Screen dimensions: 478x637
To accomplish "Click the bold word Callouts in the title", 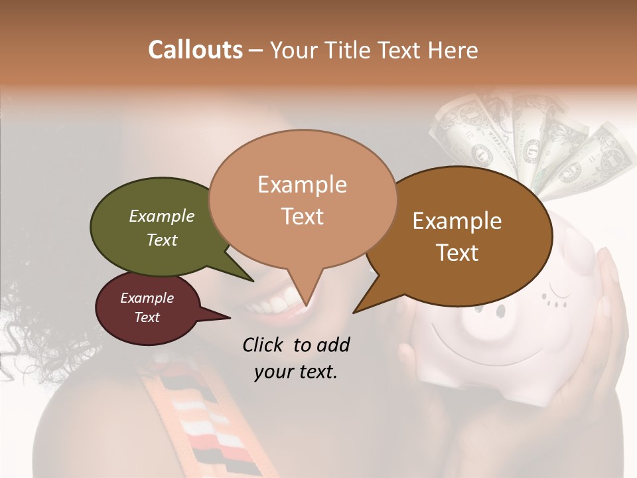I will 195,50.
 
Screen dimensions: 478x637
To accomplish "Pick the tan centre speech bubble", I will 303,199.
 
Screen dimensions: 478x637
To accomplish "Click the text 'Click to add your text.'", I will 296,358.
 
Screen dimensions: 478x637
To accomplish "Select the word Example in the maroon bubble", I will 147,298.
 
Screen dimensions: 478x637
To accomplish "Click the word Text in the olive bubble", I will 162,240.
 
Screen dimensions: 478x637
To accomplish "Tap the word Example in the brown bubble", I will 457,221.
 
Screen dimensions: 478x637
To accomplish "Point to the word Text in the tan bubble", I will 303,216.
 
